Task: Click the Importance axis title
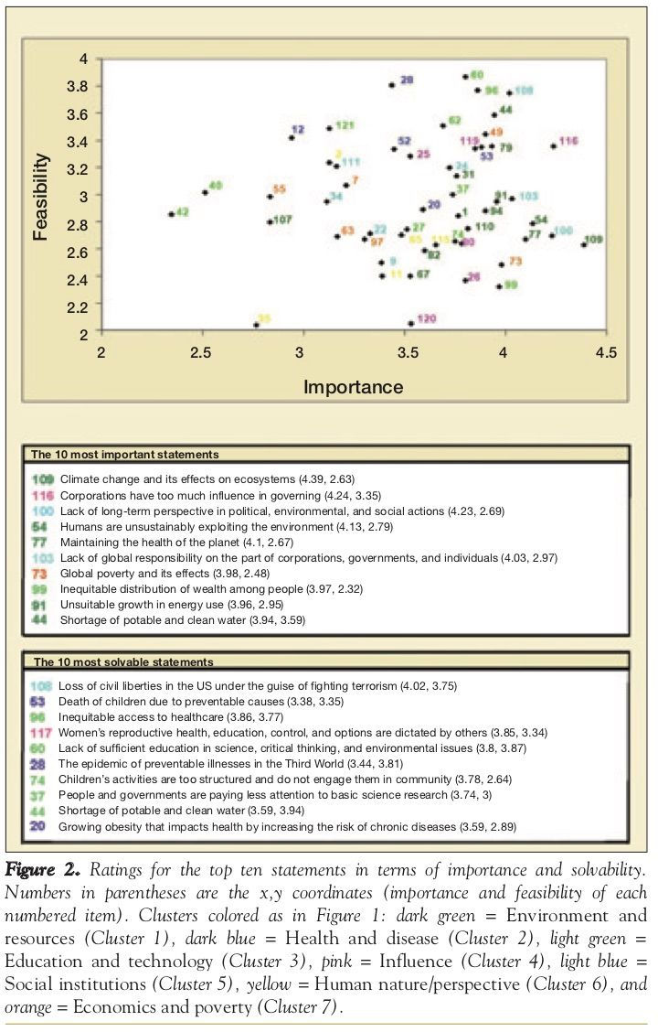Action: pos(353,386)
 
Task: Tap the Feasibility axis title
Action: pos(40,196)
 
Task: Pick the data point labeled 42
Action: pos(171,214)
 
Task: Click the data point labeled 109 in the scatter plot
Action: pos(584,244)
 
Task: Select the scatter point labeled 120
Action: pos(411,323)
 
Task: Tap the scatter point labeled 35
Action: pos(256,325)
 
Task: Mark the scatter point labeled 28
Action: pos(392,84)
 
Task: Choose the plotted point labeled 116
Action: pos(553,145)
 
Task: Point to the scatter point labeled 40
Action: pos(205,192)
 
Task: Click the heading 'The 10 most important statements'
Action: pos(125,454)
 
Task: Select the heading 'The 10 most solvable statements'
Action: pos(123,661)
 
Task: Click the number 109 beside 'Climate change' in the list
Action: pos(43,478)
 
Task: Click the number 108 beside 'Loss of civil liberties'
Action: pos(43,684)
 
